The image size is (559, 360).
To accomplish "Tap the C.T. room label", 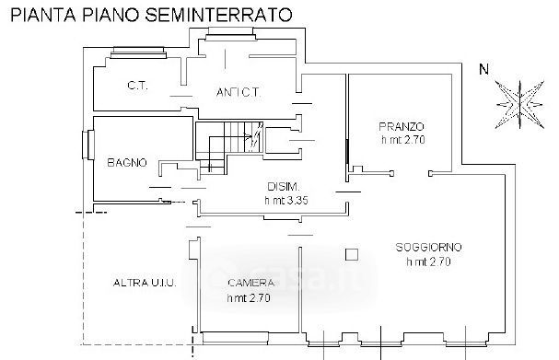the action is [x=137, y=86].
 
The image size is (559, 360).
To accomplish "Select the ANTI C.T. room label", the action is [x=239, y=93].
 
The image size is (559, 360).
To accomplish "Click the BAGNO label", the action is [x=127, y=163].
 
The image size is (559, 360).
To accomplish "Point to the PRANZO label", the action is [x=402, y=126].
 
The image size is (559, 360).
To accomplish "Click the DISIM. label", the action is [x=284, y=186].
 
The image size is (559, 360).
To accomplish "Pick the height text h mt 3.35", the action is [x=286, y=201].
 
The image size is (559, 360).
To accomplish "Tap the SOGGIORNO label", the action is [x=428, y=247].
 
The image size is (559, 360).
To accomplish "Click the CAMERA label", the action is [x=251, y=283].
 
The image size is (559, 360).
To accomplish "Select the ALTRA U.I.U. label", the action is [x=145, y=283].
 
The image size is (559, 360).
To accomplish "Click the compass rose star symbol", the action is [x=520, y=105].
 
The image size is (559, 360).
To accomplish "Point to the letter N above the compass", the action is [x=483, y=69].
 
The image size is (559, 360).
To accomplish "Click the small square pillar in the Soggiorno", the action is [x=352, y=254].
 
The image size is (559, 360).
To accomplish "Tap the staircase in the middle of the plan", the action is [x=229, y=147].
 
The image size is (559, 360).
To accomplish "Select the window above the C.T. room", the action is [x=138, y=52].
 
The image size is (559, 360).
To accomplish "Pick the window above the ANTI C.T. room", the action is [x=231, y=33].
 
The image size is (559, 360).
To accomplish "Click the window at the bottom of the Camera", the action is [x=235, y=338].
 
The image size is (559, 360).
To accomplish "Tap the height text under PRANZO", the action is [x=403, y=140].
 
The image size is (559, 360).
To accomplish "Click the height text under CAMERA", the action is [x=249, y=298].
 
